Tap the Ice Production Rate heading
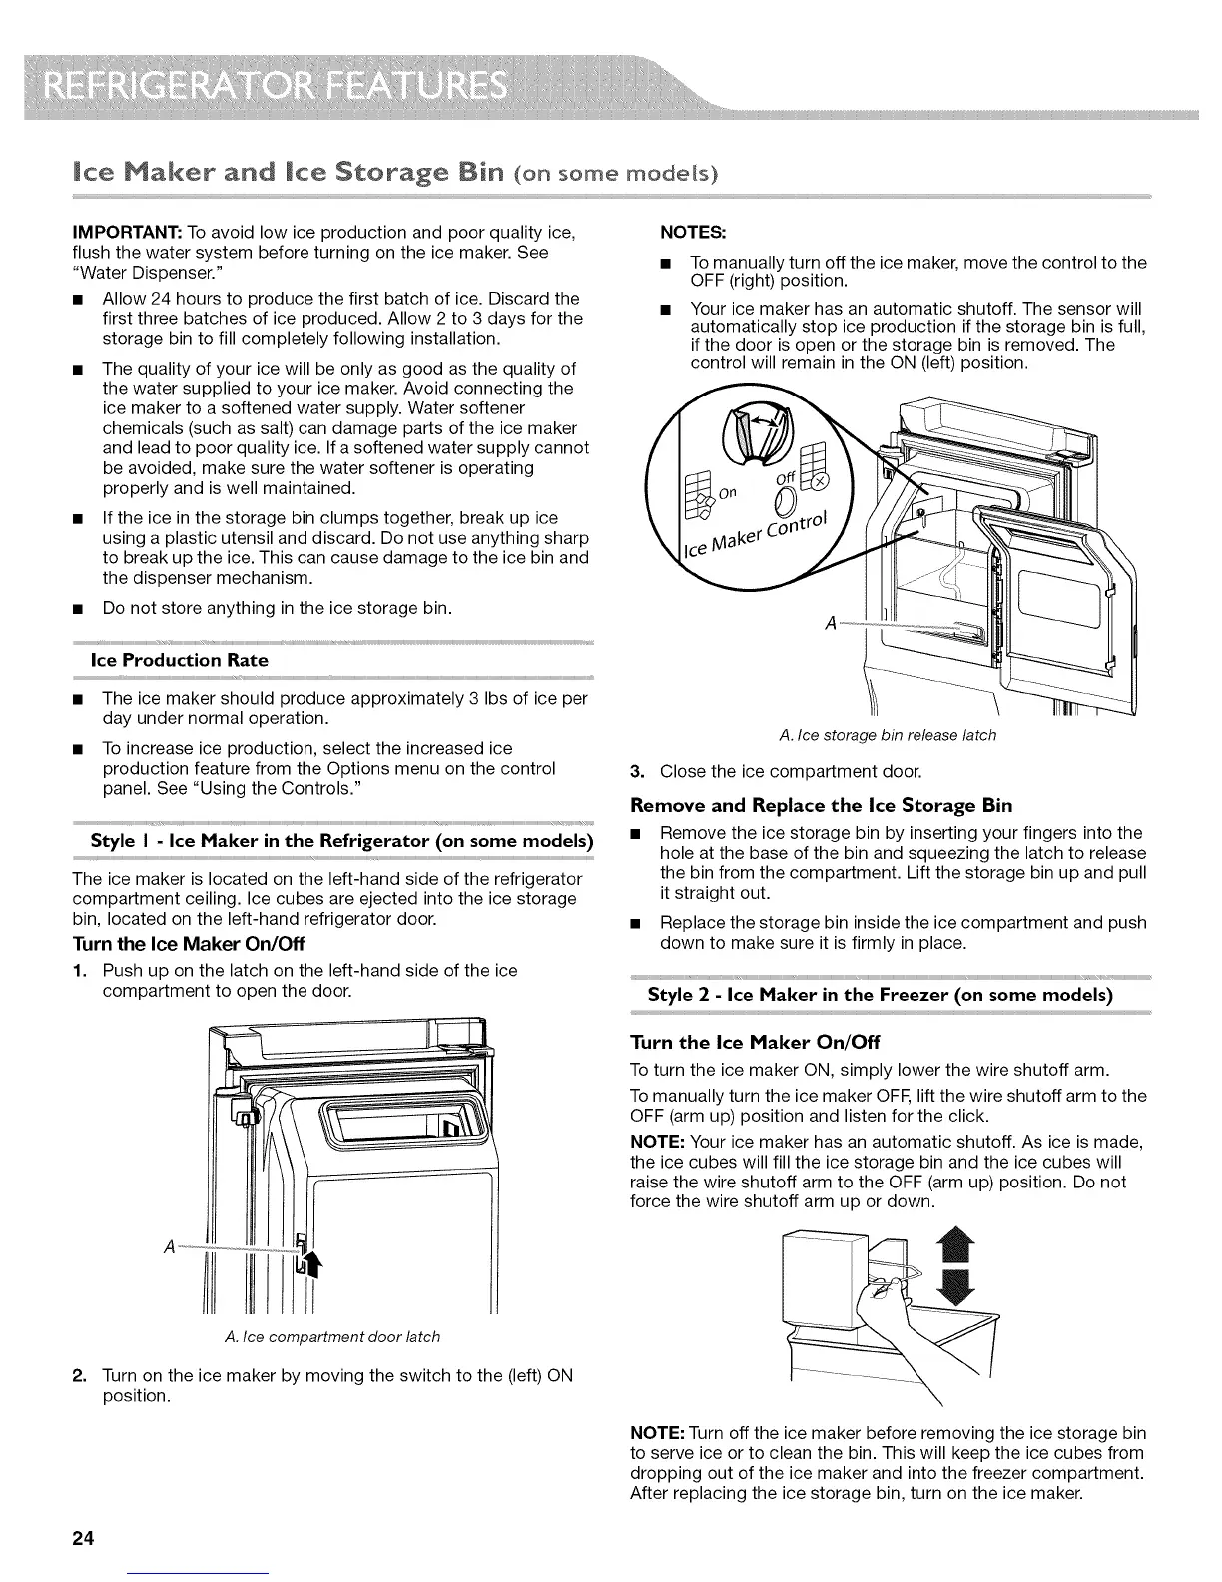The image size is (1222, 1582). [x=179, y=660]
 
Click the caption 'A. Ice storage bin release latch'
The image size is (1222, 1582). [x=887, y=735]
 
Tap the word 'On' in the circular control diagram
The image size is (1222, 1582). [x=727, y=491]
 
